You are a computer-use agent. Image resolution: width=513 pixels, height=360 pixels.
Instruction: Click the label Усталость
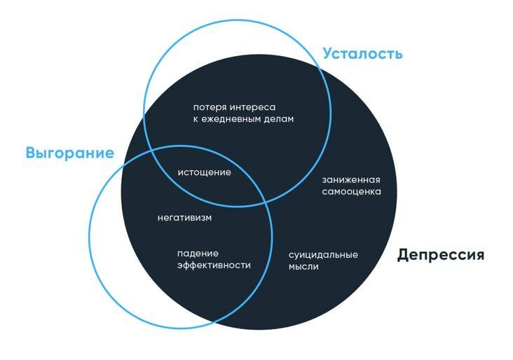362,53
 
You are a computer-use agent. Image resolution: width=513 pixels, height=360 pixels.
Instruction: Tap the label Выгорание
69,153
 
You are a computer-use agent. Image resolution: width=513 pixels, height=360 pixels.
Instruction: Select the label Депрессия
440,254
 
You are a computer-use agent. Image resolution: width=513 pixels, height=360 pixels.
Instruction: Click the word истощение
204,172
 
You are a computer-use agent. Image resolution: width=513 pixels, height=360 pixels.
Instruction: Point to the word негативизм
185,218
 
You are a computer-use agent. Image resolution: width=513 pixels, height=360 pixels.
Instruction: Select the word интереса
252,107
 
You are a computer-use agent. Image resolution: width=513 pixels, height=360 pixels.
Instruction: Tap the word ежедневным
232,119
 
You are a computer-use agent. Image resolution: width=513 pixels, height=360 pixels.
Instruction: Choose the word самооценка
351,191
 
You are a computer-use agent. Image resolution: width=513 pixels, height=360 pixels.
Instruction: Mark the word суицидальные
323,254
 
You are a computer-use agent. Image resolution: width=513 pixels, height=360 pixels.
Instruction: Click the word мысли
303,266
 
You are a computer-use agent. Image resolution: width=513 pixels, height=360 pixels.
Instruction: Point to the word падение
198,253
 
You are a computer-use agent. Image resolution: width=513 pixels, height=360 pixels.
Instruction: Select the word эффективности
213,265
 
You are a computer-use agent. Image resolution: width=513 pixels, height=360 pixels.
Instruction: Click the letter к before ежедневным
196,119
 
